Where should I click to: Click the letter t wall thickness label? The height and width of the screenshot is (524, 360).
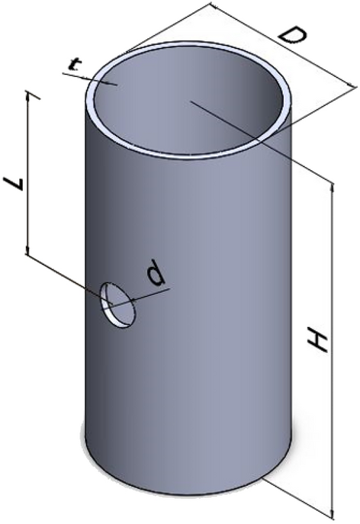(x=73, y=66)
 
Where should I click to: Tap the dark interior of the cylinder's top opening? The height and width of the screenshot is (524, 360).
(x=191, y=99)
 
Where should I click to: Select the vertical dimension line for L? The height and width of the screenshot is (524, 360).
(x=29, y=175)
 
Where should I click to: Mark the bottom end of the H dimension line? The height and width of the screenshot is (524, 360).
(x=333, y=516)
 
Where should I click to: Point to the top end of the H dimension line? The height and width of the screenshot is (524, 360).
(x=333, y=183)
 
